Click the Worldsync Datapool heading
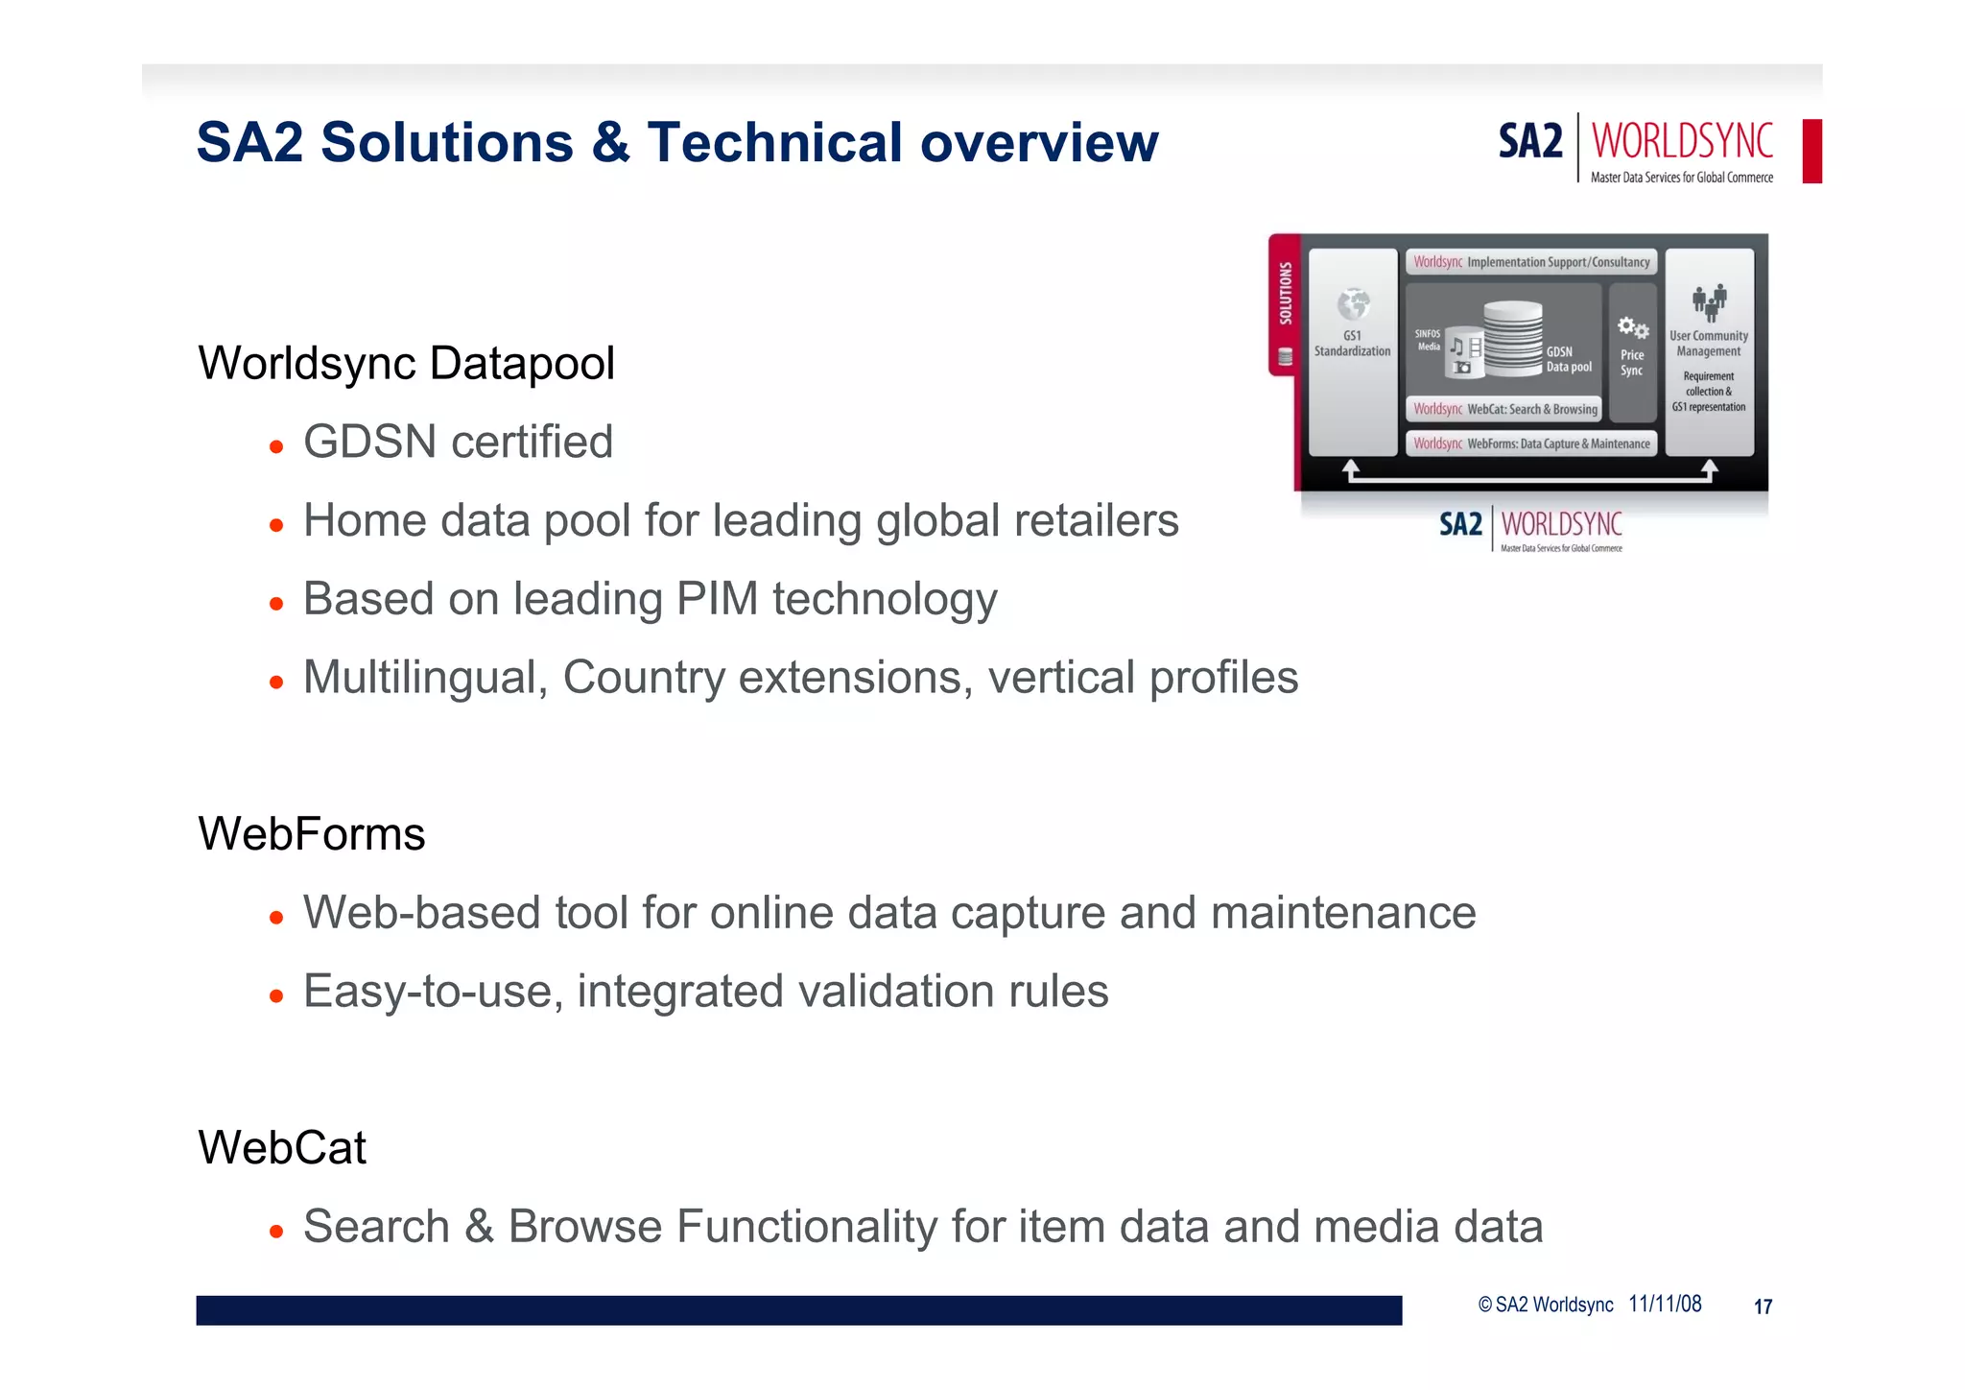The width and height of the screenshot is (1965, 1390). pos(406,364)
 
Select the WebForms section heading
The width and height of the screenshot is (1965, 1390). pos(311,833)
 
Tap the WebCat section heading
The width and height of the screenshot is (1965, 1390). pos(282,1147)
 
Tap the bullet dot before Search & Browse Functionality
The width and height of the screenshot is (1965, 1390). pos(276,1232)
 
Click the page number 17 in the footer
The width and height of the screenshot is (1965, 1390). pos(1763,1306)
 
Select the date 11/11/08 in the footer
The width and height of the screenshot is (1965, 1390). pos(1665,1305)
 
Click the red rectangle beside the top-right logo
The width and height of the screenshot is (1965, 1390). pos(1811,151)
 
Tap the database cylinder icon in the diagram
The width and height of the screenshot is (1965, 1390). pos(1512,336)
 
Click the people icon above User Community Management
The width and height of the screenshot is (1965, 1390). pos(1709,302)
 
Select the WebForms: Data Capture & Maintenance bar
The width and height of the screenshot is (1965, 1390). pos(1531,443)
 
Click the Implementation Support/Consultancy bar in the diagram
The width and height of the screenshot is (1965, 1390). pos(1531,262)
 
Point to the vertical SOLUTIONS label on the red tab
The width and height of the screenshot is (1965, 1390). pos(1285,294)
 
